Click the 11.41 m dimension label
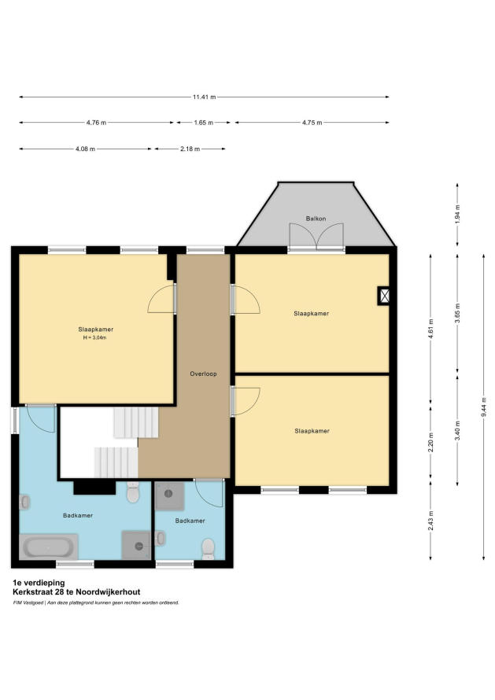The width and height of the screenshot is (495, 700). [204, 97]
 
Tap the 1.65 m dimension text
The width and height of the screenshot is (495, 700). [204, 123]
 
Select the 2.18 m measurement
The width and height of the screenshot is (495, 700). [190, 149]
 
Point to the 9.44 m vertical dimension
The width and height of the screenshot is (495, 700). [484, 407]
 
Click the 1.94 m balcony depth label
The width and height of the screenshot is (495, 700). [457, 214]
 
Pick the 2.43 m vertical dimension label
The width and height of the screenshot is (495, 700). [430, 521]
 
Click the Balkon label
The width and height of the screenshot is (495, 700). [316, 219]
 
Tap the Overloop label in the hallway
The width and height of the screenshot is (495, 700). [203, 374]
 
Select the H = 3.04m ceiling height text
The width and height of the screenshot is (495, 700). [94, 338]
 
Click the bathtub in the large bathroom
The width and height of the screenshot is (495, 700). [48, 547]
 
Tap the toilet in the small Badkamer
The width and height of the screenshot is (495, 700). [209, 549]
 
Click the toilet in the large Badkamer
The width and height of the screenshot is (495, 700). [133, 492]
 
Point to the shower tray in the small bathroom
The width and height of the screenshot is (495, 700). [169, 496]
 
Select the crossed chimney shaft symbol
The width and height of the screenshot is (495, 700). [384, 296]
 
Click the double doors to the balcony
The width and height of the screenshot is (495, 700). [316, 237]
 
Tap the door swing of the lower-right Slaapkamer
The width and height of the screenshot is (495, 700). [246, 401]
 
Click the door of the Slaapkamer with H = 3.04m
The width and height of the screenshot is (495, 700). [161, 298]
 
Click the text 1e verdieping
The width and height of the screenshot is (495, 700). [39, 583]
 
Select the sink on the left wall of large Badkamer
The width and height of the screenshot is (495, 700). [24, 503]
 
